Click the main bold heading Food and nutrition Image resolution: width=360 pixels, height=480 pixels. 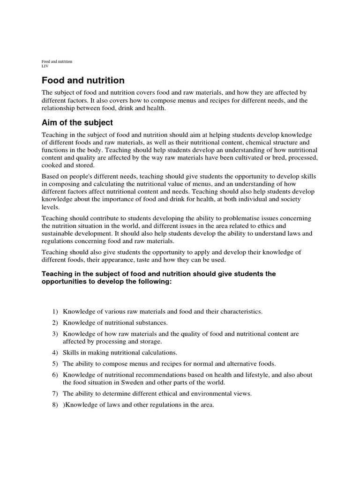(83, 81)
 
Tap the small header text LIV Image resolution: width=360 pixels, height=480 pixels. (45, 66)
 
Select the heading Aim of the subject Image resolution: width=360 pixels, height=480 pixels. (77, 123)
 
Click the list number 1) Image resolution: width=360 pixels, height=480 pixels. (55, 311)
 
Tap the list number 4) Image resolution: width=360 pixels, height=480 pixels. (55, 352)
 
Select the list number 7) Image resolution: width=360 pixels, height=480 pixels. (55, 394)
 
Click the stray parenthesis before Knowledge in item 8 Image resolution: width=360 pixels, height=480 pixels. (64, 405)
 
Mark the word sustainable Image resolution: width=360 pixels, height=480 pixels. (61, 233)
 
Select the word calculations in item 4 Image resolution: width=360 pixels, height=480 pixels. (158, 352)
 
